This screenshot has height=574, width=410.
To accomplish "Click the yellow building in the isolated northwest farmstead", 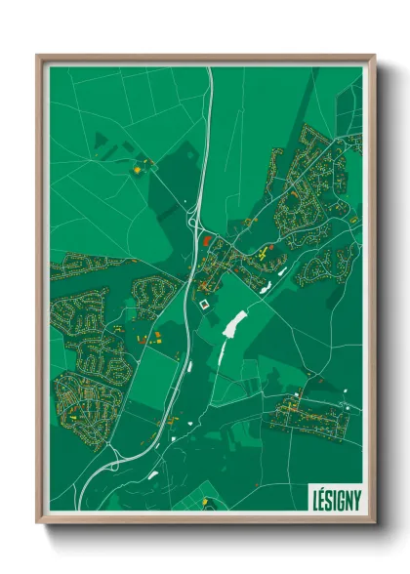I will (x=138, y=169).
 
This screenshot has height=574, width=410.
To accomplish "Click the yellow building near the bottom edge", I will (x=205, y=502).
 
